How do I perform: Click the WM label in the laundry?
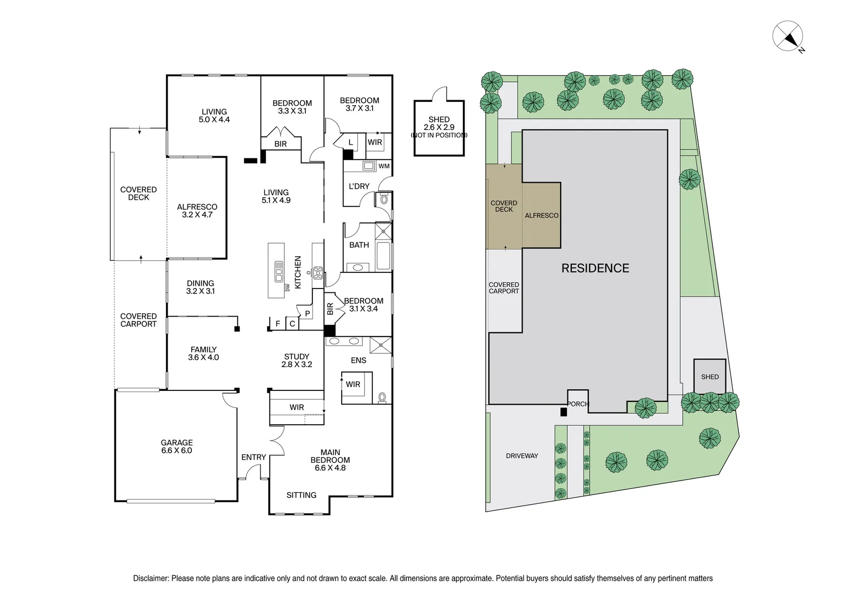tap(384, 166)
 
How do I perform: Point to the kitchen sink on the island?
tap(279, 271)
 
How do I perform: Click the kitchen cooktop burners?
tap(318, 273)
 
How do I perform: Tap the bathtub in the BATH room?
tap(383, 255)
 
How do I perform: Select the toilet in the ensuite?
tap(382, 397)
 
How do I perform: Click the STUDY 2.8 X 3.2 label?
tap(296, 360)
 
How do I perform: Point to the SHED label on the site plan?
tap(710, 377)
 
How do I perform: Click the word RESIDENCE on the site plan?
tap(595, 268)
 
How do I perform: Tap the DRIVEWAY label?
tap(521, 456)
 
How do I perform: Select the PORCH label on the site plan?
tap(577, 404)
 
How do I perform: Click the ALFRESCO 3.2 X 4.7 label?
tap(197, 211)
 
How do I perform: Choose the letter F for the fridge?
tap(278, 324)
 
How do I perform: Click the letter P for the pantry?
tap(307, 313)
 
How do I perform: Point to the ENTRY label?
tap(253, 457)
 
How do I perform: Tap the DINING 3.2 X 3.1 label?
tap(200, 287)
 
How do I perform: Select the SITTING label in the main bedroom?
tap(301, 495)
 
